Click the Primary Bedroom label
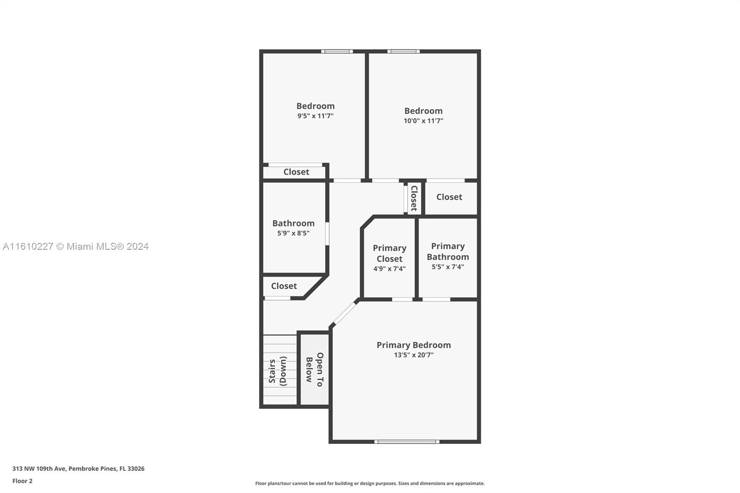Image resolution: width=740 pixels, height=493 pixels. [413, 345]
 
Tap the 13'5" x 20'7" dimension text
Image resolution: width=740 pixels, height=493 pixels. [413, 355]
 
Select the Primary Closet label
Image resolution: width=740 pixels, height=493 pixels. [389, 253]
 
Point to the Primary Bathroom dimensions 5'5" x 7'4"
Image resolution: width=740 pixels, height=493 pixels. [448, 267]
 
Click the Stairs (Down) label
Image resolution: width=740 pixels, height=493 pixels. [277, 371]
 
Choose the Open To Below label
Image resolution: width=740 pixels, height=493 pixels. [314, 369]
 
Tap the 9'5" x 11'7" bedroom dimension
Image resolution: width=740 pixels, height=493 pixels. [315, 116]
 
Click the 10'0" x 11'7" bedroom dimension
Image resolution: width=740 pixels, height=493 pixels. [423, 121]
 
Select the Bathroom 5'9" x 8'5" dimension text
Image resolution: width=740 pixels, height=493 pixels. [293, 233]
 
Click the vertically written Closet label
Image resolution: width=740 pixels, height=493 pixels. [414, 198]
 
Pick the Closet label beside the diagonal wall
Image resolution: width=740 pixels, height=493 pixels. [284, 286]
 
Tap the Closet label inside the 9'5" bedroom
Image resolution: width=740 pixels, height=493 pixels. [296, 172]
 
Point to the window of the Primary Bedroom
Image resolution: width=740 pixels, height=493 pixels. [407, 442]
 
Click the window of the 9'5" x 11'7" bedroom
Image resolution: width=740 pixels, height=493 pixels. [337, 51]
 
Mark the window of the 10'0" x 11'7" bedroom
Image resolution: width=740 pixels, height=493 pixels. [404, 51]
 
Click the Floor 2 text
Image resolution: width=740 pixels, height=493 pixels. [23, 481]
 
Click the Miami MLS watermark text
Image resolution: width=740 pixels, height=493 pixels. [76, 246]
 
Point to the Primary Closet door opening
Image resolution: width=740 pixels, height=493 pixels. [402, 299]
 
